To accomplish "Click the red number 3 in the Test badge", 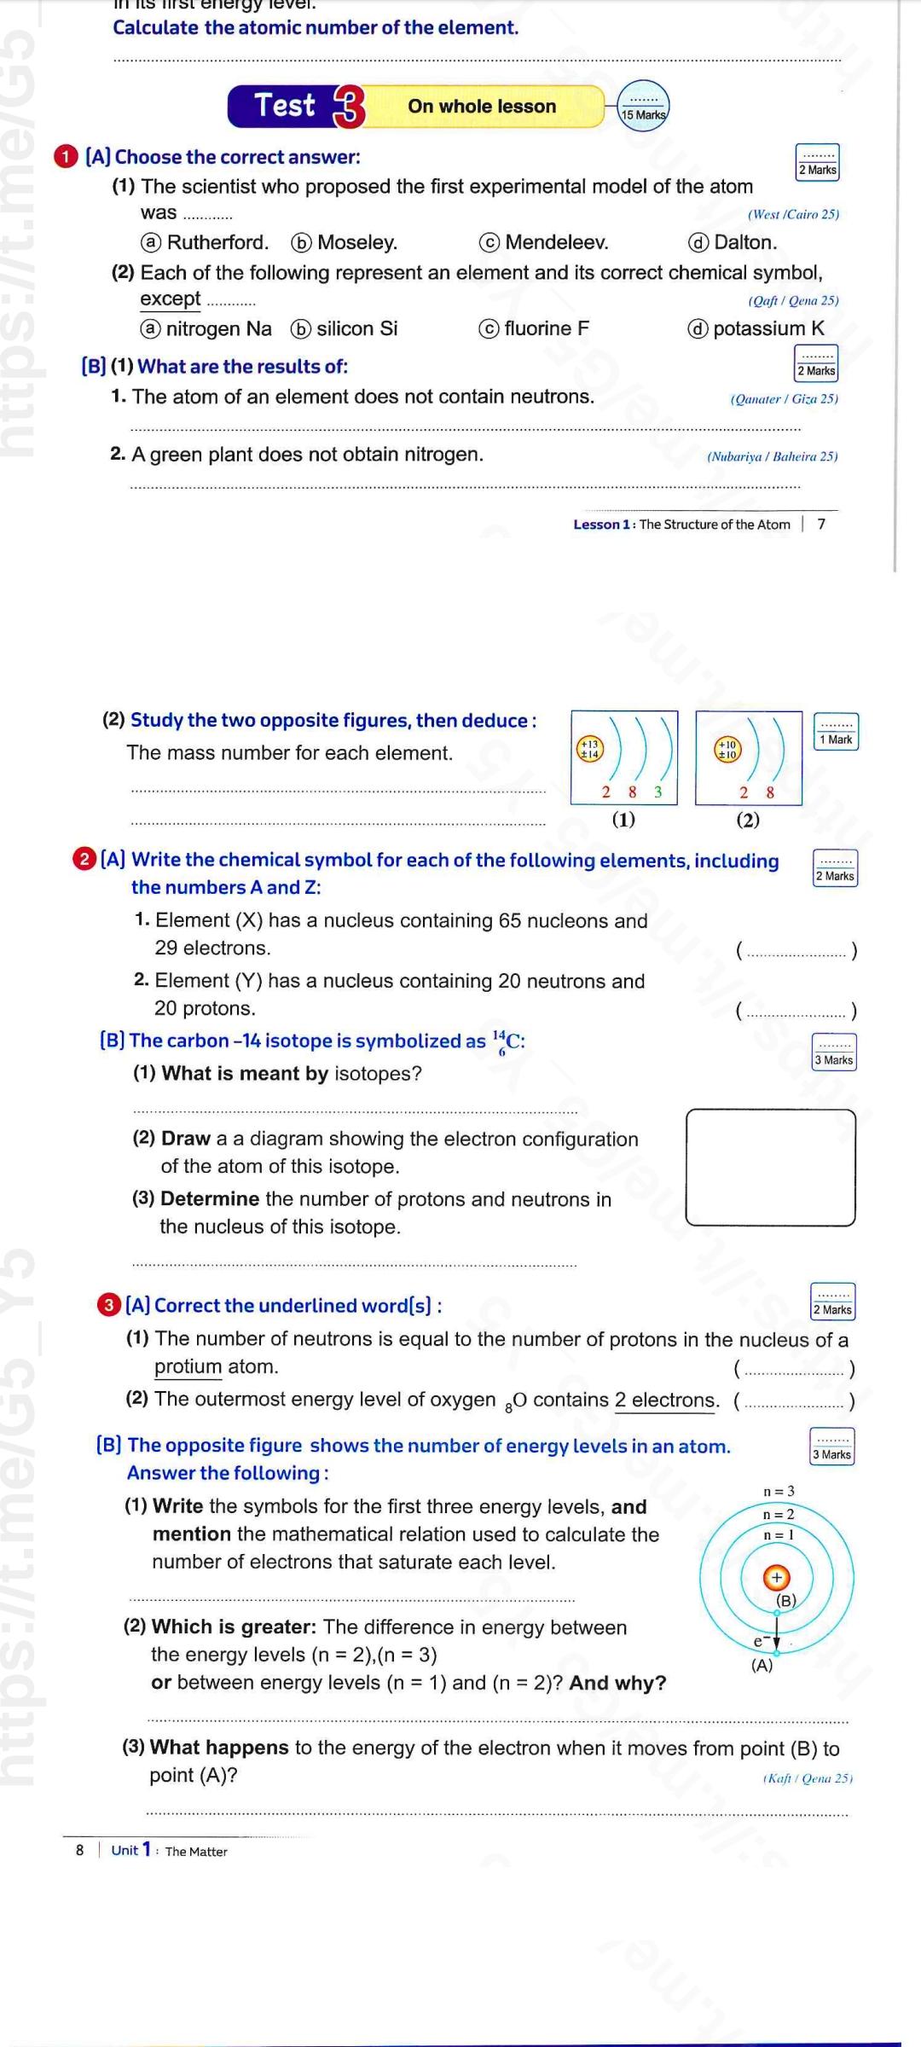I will pyautogui.click(x=348, y=107).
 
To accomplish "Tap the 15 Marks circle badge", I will pyautogui.click(x=643, y=107).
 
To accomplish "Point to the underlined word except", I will pyautogui.click(x=171, y=299).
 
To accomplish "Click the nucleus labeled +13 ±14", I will pyautogui.click(x=589, y=749).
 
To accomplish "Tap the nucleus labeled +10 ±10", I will pyautogui.click(x=727, y=749).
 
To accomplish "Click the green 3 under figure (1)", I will pyautogui.click(x=657, y=792).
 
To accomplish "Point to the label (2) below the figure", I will pyautogui.click(x=748, y=820).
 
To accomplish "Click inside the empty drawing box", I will pyautogui.click(x=770, y=1167).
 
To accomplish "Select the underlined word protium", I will pyautogui.click(x=188, y=1366).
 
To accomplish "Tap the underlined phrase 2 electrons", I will pyautogui.click(x=666, y=1400).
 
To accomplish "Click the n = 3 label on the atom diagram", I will pyautogui.click(x=778, y=1491).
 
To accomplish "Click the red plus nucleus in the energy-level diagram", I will pyautogui.click(x=776, y=1578).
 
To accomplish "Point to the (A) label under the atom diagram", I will pyautogui.click(x=762, y=1665).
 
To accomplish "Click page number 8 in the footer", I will pyautogui.click(x=80, y=1850).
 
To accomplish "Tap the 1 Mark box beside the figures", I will pyautogui.click(x=836, y=733).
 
